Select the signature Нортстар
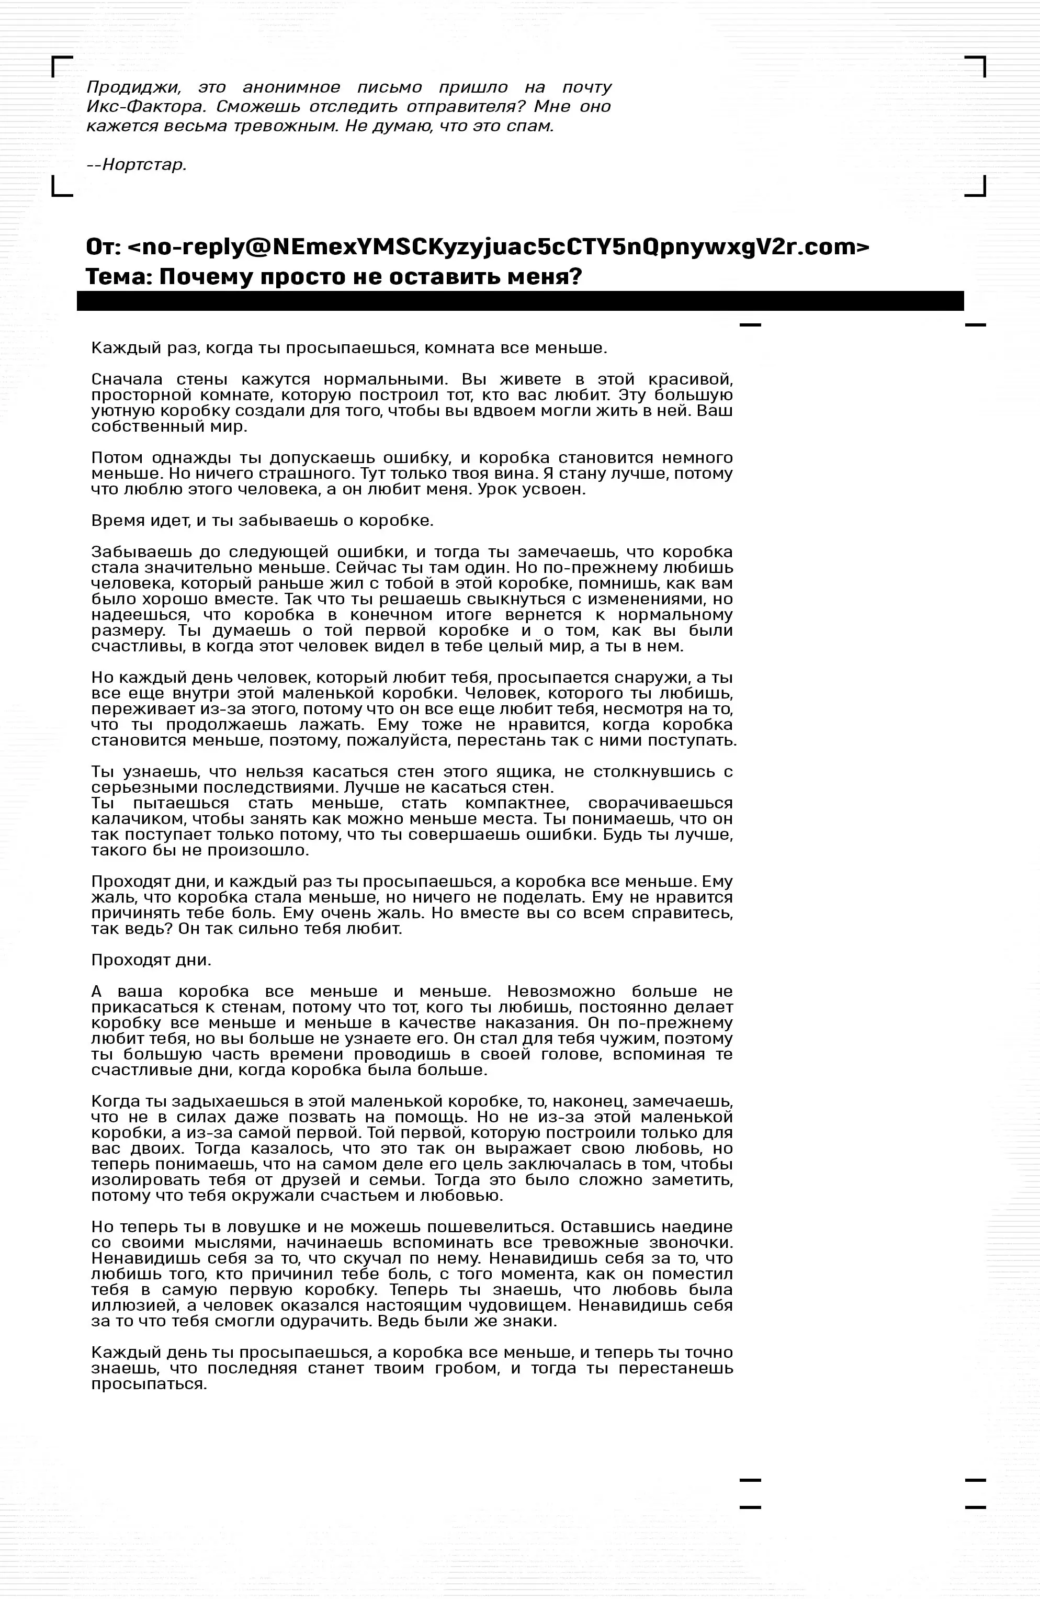point(144,165)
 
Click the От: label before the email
point(103,247)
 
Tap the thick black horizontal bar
point(520,301)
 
